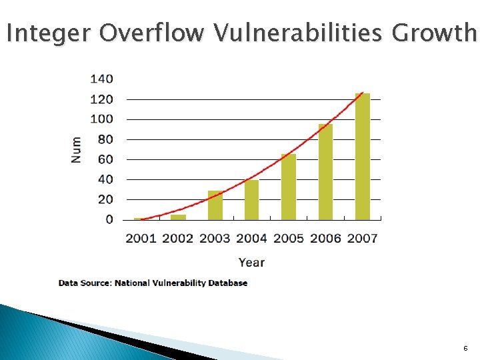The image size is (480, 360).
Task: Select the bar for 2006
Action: [x=325, y=172]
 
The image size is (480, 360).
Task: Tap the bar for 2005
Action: [x=289, y=187]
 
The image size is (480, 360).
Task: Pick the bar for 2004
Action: [x=251, y=200]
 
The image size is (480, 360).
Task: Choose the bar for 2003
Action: [x=215, y=205]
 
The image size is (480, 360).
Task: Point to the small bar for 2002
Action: [x=178, y=217]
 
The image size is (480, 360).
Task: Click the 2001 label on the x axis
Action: [x=141, y=238]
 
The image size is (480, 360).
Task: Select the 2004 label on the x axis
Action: [x=251, y=238]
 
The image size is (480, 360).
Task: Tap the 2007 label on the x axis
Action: [x=362, y=238]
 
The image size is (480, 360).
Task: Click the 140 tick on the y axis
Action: [x=101, y=79]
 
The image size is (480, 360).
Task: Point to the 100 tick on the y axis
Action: [x=101, y=119]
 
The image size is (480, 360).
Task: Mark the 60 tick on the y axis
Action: [x=105, y=159]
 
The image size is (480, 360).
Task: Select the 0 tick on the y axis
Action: [x=109, y=219]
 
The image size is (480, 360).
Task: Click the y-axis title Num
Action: [x=77, y=149]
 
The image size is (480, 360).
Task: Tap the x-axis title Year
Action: [x=251, y=263]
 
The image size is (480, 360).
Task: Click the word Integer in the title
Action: [x=50, y=32]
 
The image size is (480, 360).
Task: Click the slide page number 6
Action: [x=465, y=349]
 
